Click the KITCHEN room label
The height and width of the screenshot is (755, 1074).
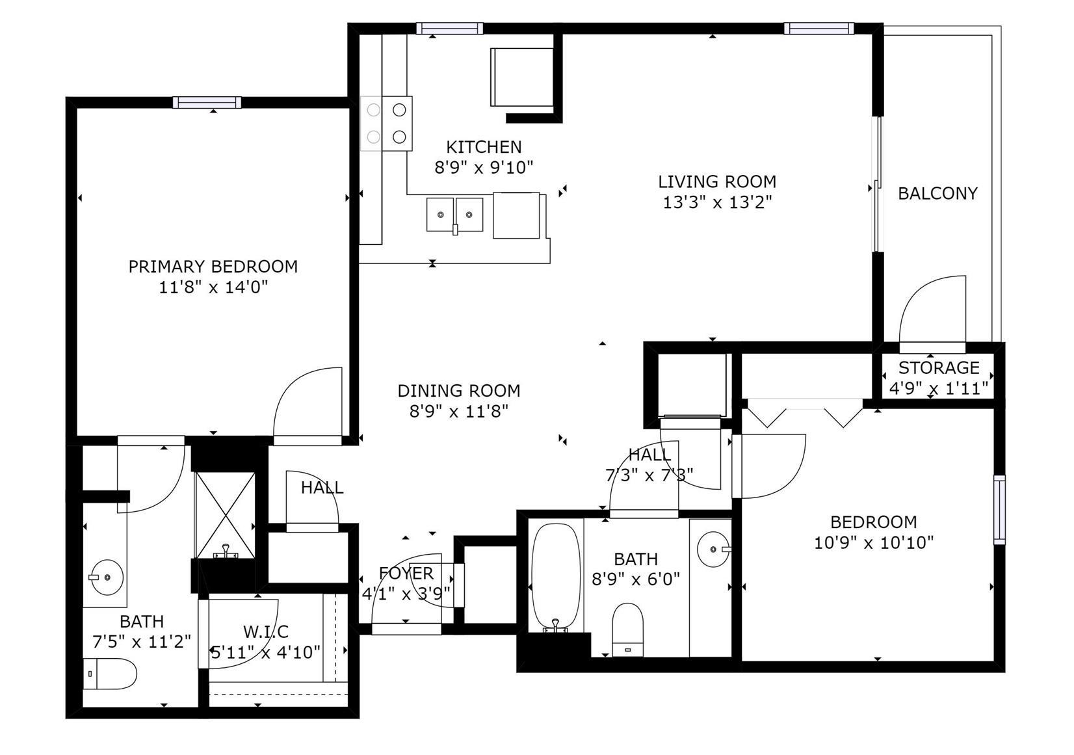pos(483,147)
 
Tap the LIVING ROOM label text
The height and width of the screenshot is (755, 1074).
pos(717,182)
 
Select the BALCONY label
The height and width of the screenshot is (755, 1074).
pos(937,193)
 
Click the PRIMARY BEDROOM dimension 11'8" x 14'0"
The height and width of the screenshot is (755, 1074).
pos(213,287)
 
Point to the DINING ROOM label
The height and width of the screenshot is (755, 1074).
pos(459,391)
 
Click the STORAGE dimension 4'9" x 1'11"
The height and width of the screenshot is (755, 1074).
pos(938,388)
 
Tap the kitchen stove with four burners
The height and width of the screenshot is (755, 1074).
pos(386,124)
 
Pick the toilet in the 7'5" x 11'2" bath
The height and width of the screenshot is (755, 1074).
pos(110,674)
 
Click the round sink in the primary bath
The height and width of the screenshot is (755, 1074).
pos(107,577)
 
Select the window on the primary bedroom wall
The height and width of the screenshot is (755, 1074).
pos(207,102)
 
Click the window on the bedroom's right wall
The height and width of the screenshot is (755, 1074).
pos(999,510)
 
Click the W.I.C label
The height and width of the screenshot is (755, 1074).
pos(266,631)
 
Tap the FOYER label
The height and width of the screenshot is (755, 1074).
pos(406,573)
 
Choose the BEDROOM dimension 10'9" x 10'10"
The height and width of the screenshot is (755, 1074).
pos(874,543)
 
